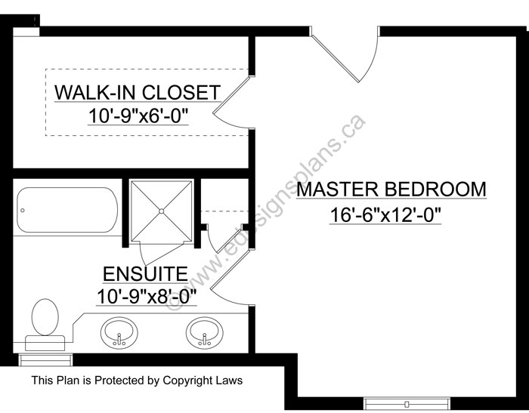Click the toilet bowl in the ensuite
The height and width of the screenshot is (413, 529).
45,317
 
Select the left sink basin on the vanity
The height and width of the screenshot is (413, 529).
119,331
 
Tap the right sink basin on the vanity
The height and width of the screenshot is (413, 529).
205,331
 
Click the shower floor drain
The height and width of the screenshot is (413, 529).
161,211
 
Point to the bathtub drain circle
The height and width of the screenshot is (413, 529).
23,211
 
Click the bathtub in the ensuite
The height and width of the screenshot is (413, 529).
67,210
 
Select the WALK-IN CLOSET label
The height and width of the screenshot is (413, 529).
138,92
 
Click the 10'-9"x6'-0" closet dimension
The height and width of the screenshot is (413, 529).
138,116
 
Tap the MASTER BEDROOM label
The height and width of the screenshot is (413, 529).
391,190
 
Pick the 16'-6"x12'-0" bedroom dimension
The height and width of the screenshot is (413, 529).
385,214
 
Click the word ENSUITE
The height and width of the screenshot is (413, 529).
145,273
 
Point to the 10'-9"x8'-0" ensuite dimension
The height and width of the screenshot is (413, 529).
147,297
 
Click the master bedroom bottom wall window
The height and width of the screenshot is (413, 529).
407,403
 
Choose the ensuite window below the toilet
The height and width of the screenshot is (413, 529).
45,359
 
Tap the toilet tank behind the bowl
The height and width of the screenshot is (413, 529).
45,343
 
